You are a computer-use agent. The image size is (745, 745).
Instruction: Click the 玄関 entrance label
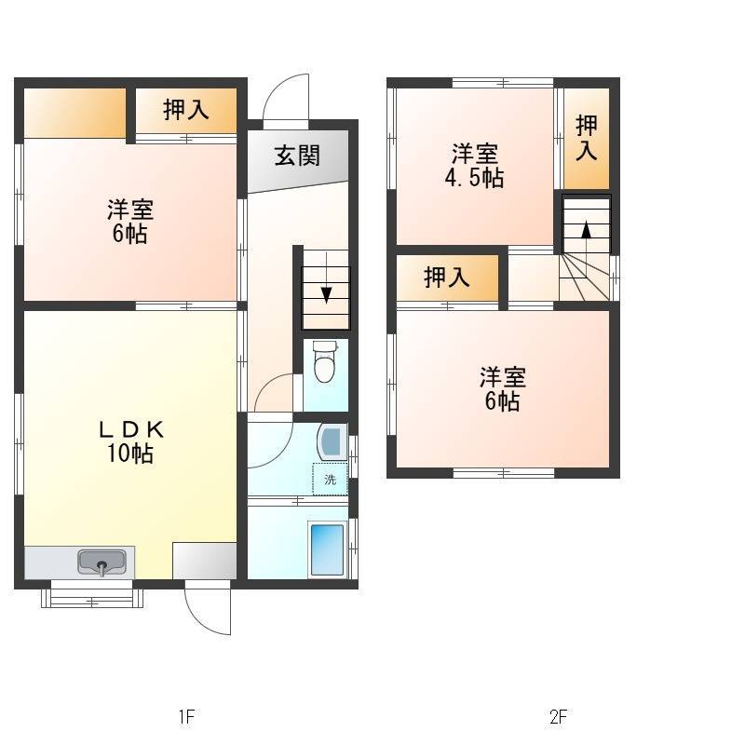coord(297,156)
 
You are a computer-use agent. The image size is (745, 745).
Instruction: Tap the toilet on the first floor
coord(325,361)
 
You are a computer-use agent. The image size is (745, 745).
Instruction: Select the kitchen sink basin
coord(102,562)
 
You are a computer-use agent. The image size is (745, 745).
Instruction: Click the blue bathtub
coord(327,549)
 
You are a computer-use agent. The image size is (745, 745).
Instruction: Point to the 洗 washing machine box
coord(331,479)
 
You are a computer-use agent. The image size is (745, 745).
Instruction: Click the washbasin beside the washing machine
coord(332,441)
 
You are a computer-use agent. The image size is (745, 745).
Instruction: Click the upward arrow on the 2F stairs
coord(587,231)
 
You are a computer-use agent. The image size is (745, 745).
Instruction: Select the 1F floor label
coord(187,715)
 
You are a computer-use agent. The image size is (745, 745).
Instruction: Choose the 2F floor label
coord(558,715)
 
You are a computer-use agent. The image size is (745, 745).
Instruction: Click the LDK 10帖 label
coord(130,441)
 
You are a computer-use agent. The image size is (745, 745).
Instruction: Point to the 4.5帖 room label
coord(474,167)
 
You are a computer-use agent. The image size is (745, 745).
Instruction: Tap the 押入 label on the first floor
coord(185,110)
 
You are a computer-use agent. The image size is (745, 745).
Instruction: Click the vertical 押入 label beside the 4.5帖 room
coord(587,138)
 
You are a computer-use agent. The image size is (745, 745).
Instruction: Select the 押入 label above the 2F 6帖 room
coord(447,278)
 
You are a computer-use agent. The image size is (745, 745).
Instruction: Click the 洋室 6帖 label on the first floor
coord(130,222)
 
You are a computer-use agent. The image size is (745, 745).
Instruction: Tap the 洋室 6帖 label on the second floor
coord(503,388)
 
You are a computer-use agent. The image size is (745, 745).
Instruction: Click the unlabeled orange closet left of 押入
coord(74,113)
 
